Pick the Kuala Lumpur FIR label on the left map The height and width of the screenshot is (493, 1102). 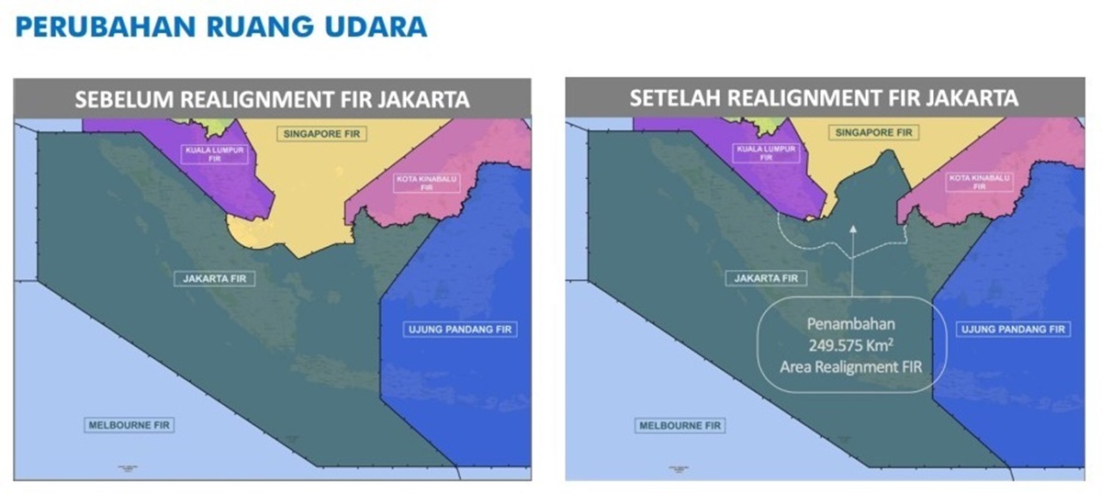(216, 152)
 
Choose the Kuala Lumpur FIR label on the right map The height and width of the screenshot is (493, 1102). (766, 152)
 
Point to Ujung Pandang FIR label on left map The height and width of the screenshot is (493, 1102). (461, 329)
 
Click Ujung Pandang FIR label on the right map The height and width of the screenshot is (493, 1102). (1013, 329)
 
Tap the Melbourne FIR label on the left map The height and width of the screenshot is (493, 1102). (129, 425)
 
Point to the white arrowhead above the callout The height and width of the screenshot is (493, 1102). (851, 230)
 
